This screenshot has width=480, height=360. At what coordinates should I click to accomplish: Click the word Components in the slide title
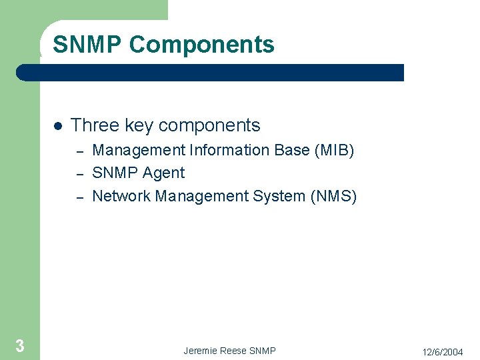pyautogui.click(x=202, y=45)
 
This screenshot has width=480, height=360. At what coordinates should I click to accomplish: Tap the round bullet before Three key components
pyautogui.click(x=58, y=126)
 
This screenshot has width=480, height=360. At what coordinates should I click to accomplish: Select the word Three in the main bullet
pyautogui.click(x=95, y=125)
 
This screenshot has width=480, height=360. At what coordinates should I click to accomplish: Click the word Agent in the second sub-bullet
pyautogui.click(x=164, y=173)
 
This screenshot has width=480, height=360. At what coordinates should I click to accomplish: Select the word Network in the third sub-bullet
pyautogui.click(x=121, y=196)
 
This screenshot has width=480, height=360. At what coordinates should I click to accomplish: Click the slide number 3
pyautogui.click(x=20, y=345)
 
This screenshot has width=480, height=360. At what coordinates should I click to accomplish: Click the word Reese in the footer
pyautogui.click(x=234, y=351)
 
